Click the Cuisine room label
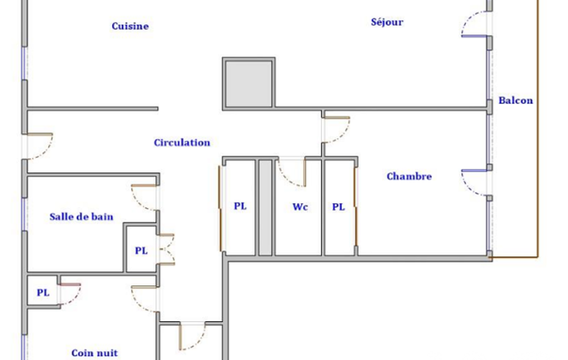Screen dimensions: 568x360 130,26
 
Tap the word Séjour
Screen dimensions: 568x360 387,22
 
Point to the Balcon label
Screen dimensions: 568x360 515,100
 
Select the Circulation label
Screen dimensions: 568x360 182,143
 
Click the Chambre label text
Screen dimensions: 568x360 409,176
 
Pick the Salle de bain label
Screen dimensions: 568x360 81,217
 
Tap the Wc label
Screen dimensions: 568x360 300,207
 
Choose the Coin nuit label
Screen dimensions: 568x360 95,353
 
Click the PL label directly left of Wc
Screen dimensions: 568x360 240,206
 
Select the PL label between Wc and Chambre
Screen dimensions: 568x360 339,207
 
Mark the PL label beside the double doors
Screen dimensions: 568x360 141,251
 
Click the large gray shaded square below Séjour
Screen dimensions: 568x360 248,83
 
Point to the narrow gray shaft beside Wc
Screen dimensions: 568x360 265,208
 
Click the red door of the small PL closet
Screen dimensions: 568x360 70,285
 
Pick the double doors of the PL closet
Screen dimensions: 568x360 167,249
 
